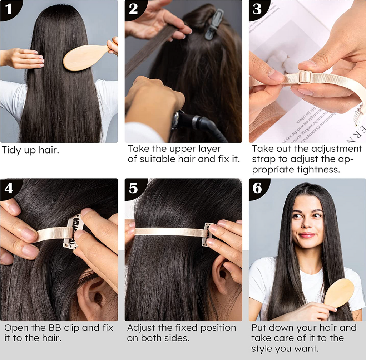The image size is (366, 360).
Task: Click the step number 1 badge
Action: coord(9,9)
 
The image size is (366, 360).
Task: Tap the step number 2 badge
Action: coord(134,9)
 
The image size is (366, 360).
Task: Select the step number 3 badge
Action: coord(258,9)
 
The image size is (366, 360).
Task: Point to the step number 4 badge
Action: coord(9,189)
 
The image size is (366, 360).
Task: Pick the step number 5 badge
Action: coord(134,189)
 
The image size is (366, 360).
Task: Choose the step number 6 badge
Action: coord(258,189)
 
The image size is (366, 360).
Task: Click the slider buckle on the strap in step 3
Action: coord(305,77)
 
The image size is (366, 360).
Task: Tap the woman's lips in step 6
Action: coord(307,235)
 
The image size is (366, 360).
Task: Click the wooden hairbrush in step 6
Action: coord(338,293)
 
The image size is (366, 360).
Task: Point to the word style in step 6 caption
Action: coord(262,349)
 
